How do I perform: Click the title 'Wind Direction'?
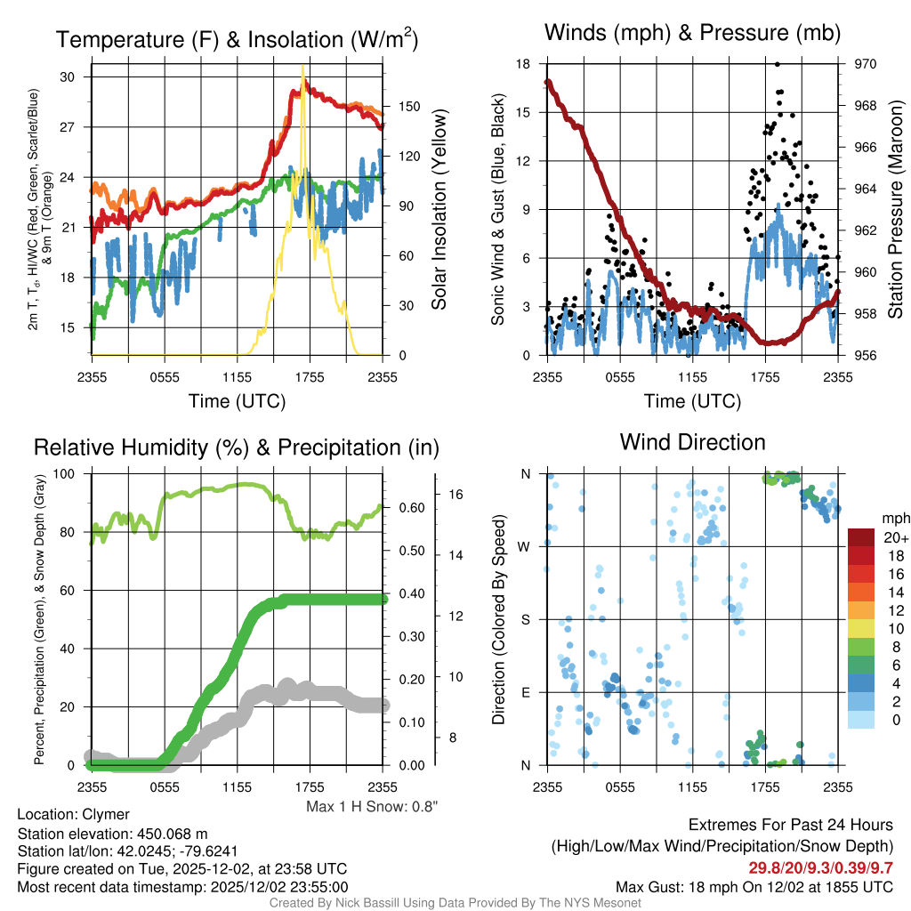click(x=692, y=442)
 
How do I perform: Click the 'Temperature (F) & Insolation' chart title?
click(x=237, y=40)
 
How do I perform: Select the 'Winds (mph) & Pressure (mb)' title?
click(x=692, y=34)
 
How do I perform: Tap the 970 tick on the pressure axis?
click(x=867, y=64)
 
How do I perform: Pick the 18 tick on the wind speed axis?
click(x=524, y=64)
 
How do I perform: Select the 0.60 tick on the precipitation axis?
click(x=408, y=508)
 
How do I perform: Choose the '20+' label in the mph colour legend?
click(x=894, y=537)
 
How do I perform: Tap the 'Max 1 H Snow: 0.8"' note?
click(x=372, y=806)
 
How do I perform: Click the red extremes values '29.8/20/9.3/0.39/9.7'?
click(x=821, y=867)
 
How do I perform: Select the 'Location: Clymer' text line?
click(x=74, y=814)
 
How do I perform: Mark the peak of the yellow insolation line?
click(x=303, y=66)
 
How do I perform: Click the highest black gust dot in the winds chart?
click(x=778, y=64)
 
